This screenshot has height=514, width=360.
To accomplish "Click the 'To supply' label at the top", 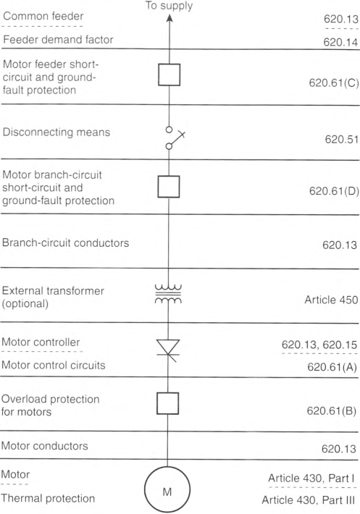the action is tap(169, 6).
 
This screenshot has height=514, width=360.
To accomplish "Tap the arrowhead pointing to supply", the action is tap(169, 18).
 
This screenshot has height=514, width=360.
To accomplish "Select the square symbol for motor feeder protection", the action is tap(169, 75).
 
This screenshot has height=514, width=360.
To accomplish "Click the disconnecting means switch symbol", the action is tap(175, 138).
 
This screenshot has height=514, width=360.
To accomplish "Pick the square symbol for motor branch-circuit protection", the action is tap(169, 187).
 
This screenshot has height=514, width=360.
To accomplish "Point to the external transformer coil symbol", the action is tap(168, 294).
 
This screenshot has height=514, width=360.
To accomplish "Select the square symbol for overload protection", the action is tap(168, 403).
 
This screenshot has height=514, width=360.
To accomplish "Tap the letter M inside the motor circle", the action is tap(167, 492).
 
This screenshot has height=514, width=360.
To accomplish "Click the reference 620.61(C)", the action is tap(334, 83).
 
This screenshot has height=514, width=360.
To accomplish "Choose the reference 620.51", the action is tap(342, 139).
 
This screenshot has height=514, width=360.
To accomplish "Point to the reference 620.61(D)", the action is tap(334, 191).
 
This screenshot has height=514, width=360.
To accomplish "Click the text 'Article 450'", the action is tap(331, 300).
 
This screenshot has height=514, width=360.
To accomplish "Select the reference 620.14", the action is tap(340, 42).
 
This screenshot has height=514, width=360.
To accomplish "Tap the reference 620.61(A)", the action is tap(332, 367).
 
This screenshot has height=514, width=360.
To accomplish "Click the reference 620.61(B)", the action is tap(332, 410).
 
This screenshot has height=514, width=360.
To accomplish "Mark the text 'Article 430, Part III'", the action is tap(308, 500).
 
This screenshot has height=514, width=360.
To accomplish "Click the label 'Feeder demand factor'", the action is tap(58, 40).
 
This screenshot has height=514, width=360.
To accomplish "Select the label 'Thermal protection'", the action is tap(48, 498).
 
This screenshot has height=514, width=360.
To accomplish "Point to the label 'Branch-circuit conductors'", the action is tap(66, 243).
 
